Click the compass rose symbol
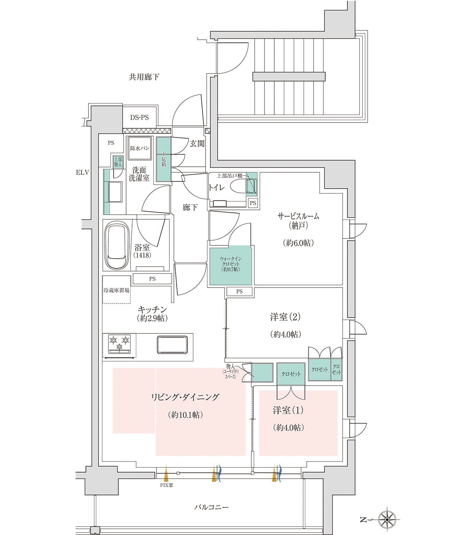pos(387,520)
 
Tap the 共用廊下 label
pos(144,77)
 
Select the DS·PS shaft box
pos(139,118)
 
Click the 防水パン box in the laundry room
pos(140,148)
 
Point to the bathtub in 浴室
pos(116,246)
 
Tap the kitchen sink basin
pos(172,344)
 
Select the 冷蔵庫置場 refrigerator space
pos(116,290)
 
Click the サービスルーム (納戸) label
pos(298,221)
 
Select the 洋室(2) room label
pos(285,317)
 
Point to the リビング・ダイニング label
pos(185,397)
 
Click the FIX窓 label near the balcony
pos(167,485)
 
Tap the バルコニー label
pos(211,507)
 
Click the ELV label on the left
pos(83,172)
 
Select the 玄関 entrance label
pos(197,143)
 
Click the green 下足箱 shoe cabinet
pos(163,159)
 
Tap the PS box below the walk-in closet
pos(239,292)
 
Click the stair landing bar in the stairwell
pos(289,77)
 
